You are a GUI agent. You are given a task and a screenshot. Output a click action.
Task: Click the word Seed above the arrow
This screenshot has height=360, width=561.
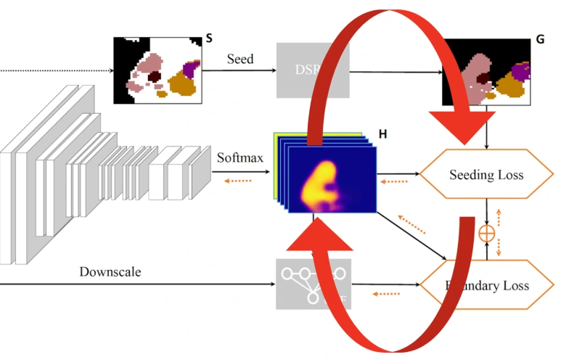[240, 59]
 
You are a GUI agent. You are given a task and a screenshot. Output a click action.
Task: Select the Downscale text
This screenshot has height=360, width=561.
[110, 272]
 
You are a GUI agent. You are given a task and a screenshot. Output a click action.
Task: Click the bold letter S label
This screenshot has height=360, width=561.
[209, 38]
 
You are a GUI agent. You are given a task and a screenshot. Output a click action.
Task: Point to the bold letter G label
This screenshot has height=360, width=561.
[540, 41]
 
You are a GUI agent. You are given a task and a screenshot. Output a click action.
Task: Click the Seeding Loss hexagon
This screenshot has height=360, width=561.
[486, 174]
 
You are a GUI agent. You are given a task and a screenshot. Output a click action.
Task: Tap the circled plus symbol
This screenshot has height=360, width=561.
[486, 233]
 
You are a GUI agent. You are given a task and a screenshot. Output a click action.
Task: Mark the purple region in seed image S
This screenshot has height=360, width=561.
[191, 69]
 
